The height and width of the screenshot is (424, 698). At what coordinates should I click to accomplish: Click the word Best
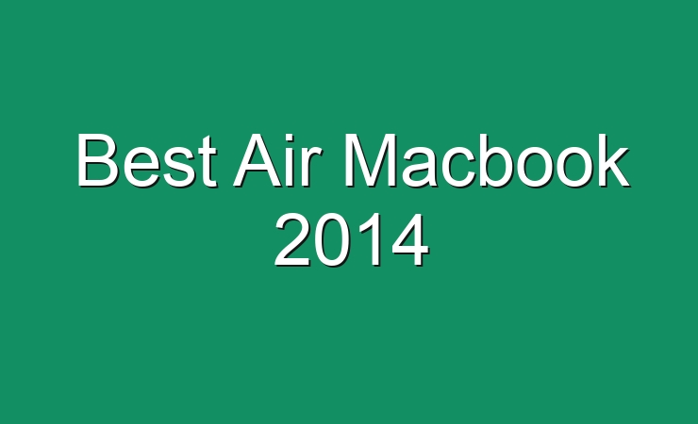coord(147,160)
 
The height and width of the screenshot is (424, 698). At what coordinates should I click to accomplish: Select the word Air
coord(277,160)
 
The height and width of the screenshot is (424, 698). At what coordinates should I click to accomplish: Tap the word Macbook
coord(487,160)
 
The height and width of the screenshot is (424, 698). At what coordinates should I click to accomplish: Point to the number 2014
coord(352,240)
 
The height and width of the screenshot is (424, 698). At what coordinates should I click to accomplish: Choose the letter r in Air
coord(312,167)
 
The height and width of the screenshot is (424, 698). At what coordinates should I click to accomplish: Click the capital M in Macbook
coord(371,160)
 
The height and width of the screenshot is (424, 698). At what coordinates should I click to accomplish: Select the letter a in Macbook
coord(421,167)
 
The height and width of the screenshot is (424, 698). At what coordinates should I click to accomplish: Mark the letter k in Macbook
coord(613,160)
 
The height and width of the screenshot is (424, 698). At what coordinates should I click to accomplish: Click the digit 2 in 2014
coord(292,239)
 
